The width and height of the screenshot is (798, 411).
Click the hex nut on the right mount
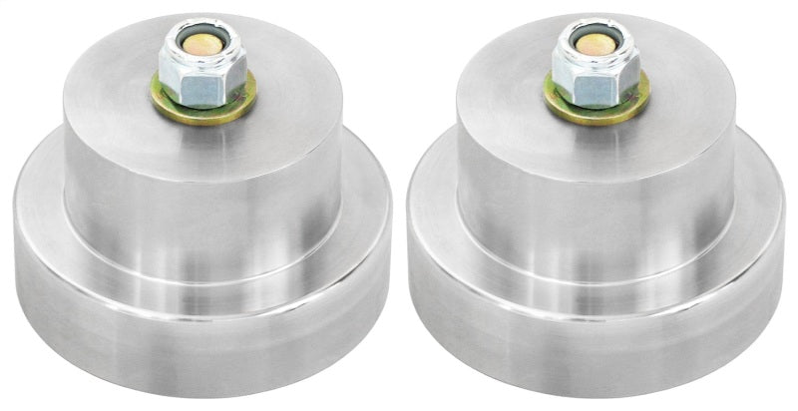click(x=594, y=70)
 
